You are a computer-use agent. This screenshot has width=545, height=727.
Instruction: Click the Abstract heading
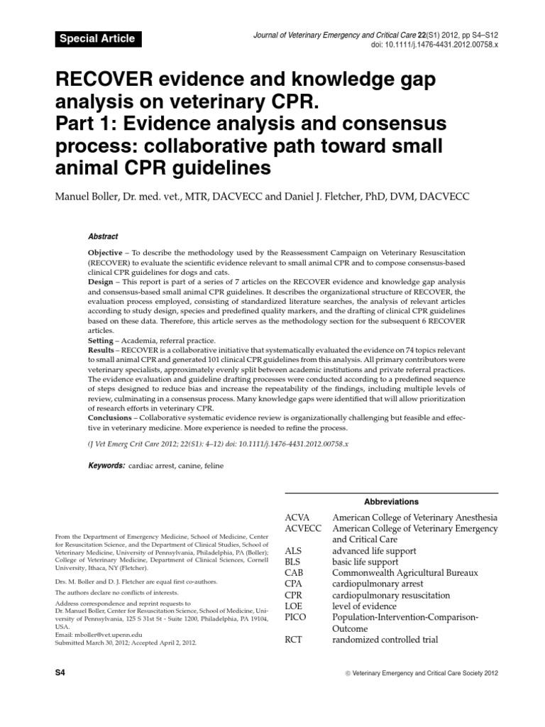tap(103, 236)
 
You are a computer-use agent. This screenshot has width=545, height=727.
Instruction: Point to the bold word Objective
tap(105, 253)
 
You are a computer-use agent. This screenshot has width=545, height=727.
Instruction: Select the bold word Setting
tap(101, 341)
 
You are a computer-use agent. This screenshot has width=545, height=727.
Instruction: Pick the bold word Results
tap(102, 351)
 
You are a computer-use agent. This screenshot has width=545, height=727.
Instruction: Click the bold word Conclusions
tap(110, 417)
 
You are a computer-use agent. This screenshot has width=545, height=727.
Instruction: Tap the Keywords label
tap(106, 465)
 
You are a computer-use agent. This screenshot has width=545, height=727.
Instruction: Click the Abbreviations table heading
tap(391, 501)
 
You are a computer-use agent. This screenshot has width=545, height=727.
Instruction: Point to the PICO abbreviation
tap(297, 617)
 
